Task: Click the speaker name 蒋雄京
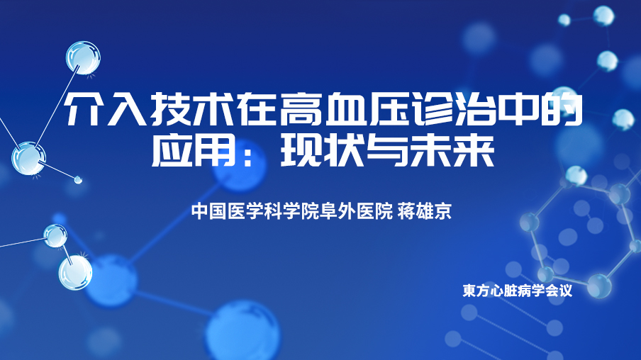coord(424,211)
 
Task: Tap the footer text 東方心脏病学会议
coord(517,291)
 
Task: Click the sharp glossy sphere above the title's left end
coord(84,57)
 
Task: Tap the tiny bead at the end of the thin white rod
coord(78,179)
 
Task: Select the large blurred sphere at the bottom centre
coord(243,331)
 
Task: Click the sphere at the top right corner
coord(603,16)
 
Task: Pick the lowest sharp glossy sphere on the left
coord(75,273)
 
